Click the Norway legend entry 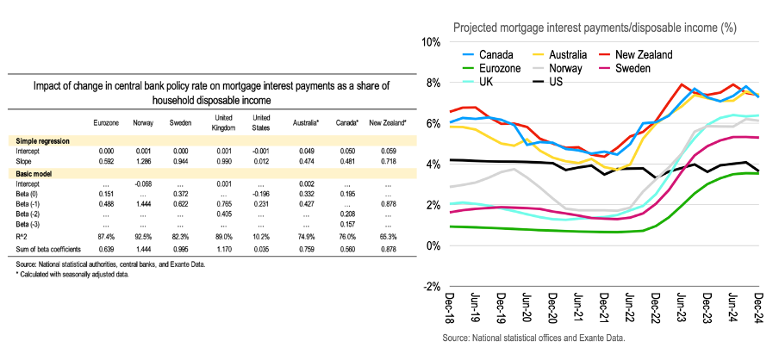click(564, 68)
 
